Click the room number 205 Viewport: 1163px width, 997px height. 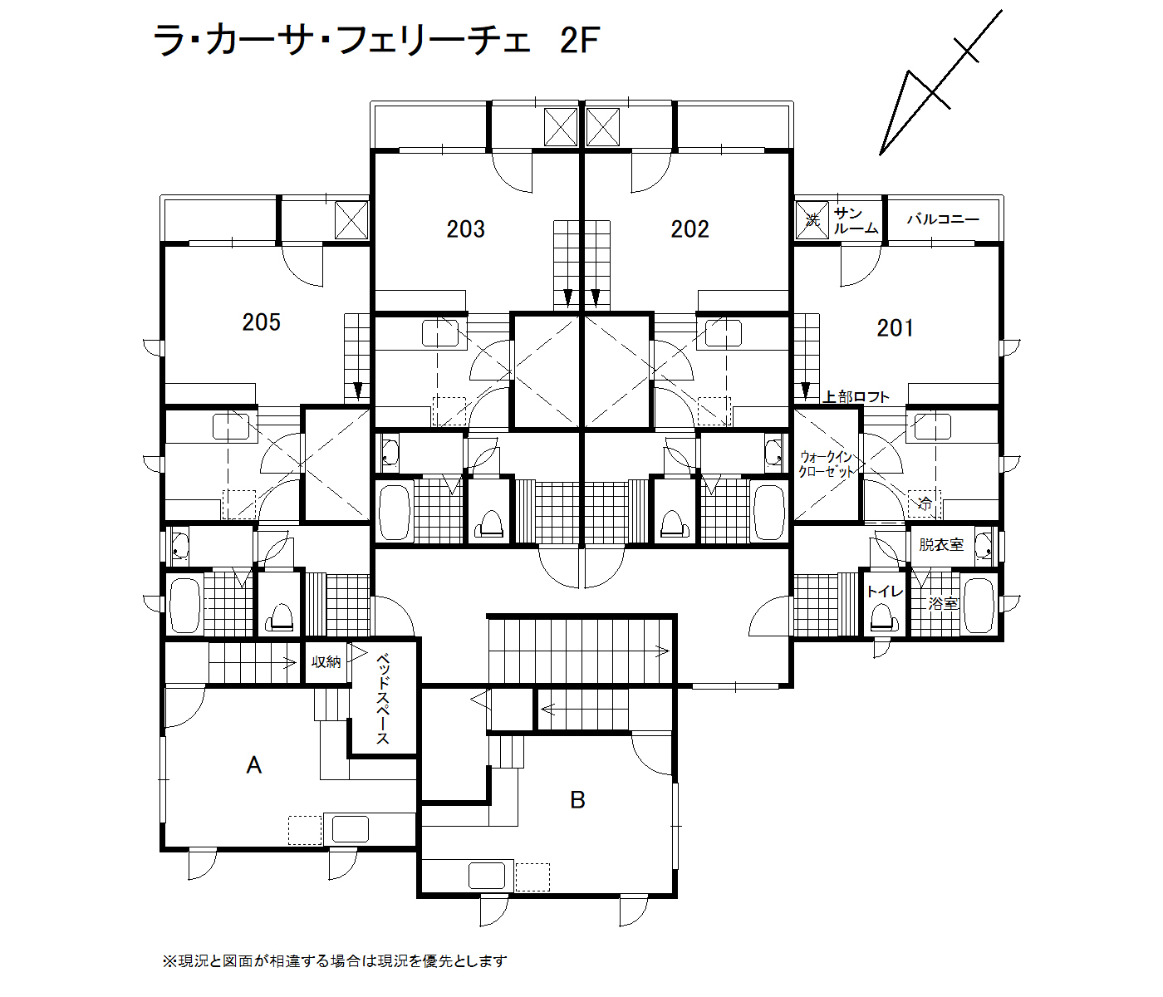261,322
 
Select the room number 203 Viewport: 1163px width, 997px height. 465,229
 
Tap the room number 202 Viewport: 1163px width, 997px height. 689,229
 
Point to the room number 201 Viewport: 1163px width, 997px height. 895,328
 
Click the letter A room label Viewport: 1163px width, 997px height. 253,765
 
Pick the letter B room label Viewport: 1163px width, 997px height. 578,800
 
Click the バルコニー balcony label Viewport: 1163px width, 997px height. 943,219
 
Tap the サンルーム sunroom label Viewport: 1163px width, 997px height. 856,220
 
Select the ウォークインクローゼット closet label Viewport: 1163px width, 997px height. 826,464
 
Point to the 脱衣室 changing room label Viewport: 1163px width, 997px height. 941,544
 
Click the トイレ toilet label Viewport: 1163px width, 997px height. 885,592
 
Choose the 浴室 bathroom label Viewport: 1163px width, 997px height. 943,604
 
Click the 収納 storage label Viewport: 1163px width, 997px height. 326,661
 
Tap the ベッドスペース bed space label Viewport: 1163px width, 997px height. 383,699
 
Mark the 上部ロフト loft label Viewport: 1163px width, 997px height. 856,396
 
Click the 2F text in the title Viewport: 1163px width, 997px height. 580,41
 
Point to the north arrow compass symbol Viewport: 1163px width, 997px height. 940,82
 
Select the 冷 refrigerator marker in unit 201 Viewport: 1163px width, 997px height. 925,503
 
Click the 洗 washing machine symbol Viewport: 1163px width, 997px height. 812,220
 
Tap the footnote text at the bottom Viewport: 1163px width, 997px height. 335,961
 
